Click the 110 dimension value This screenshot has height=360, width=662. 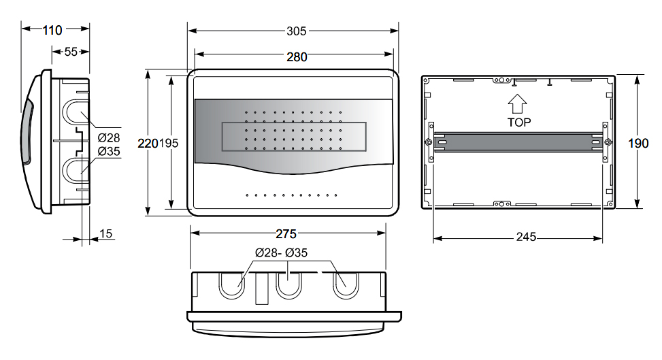coord(52,31)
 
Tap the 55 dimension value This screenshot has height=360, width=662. coord(71,52)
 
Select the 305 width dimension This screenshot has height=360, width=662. coord(297,31)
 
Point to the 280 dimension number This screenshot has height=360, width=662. coord(297,57)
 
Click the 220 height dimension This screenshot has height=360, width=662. coord(148,144)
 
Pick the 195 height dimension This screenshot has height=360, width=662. coord(169,144)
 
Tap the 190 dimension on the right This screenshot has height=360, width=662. coord(638,144)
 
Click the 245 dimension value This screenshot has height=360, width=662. coord(526,237)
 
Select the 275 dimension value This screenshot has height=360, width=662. coord(286,233)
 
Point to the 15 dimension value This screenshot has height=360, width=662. coord(105,233)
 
